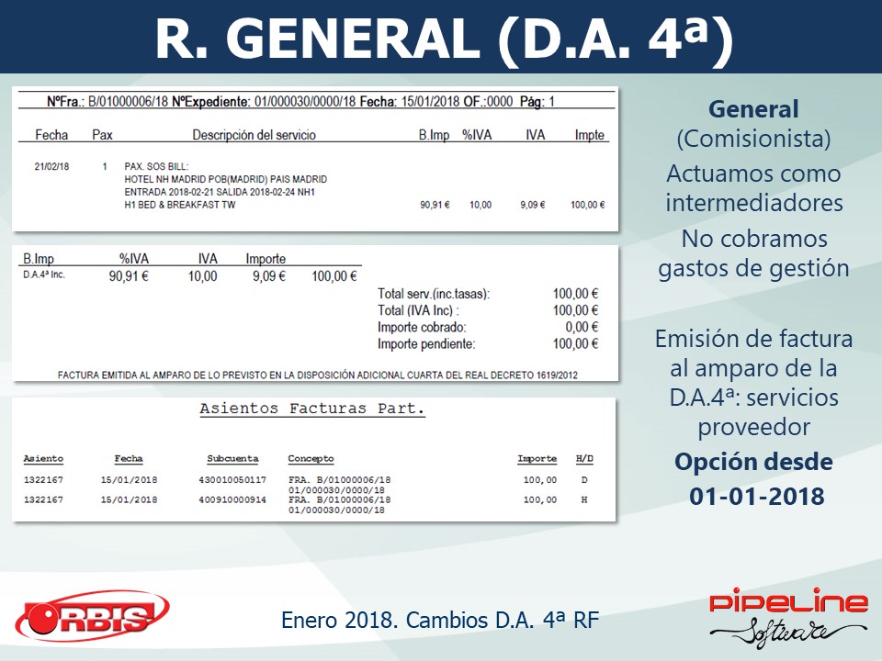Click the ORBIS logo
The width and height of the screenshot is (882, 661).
coord(92,616)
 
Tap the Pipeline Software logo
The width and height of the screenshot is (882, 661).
coord(788,618)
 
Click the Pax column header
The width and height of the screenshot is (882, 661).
coord(102,135)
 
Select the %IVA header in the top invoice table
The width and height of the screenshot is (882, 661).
coord(477,135)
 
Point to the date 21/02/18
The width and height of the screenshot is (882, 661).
coord(51,166)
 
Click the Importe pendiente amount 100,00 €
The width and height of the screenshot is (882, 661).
coord(575,344)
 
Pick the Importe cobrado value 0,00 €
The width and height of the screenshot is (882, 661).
coord(582,327)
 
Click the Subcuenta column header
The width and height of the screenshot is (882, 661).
coord(232,459)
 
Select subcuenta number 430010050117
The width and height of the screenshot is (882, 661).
coord(232,480)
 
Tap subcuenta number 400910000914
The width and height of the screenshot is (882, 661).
coord(232,499)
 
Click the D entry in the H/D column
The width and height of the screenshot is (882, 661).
coord(584,480)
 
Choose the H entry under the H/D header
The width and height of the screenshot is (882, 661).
coord(584,499)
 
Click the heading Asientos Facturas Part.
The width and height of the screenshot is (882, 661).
coord(312,409)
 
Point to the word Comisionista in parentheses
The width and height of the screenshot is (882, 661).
coord(753,139)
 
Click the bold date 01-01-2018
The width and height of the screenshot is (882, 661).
coord(756,497)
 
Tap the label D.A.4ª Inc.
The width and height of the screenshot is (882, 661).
coord(44,274)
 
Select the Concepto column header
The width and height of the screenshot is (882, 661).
coord(311,459)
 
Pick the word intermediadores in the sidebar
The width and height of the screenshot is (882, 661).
coord(754,203)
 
